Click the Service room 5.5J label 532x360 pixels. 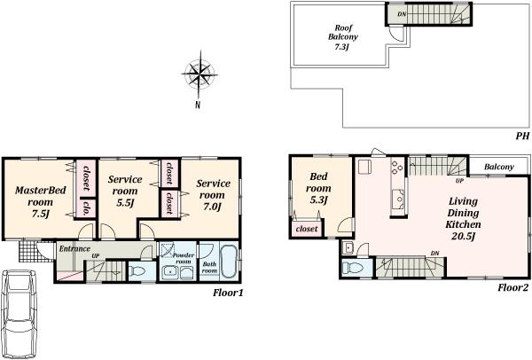(x=125, y=191)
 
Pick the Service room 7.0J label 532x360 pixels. (x=213, y=194)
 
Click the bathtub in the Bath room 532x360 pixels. (x=227, y=262)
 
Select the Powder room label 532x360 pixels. (x=183, y=258)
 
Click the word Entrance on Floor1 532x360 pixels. (x=74, y=249)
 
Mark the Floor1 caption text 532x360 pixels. (x=228, y=292)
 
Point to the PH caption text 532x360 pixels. (x=521, y=136)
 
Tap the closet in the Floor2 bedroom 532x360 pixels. (x=306, y=230)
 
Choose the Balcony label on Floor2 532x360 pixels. (x=499, y=167)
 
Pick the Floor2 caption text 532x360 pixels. (x=512, y=287)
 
